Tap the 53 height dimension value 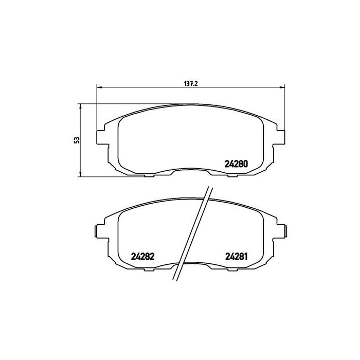76,140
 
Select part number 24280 237,165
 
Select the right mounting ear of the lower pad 284,232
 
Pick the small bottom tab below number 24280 235,176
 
